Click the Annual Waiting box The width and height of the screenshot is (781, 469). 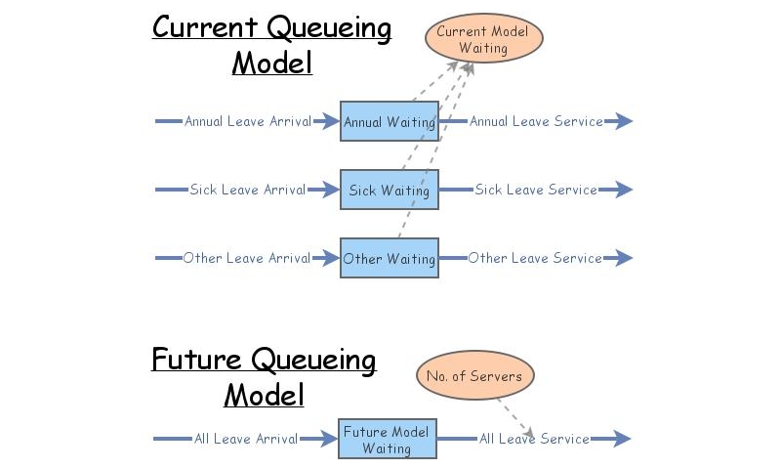pyautogui.click(x=389, y=121)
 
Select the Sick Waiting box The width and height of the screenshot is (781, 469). pyautogui.click(x=389, y=190)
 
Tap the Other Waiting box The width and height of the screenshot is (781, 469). pyautogui.click(x=389, y=258)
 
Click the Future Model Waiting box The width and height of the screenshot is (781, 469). pyautogui.click(x=387, y=440)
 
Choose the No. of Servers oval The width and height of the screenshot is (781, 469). pyautogui.click(x=475, y=376)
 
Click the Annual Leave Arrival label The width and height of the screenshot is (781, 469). pyautogui.click(x=248, y=121)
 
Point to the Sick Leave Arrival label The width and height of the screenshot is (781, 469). pyautogui.click(x=248, y=190)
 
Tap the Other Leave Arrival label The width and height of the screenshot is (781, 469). pyautogui.click(x=247, y=258)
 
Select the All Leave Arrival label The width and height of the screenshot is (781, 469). pyautogui.click(x=246, y=439)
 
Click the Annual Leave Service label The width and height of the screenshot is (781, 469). pyautogui.click(x=536, y=121)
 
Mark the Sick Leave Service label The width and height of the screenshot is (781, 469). pyautogui.click(x=536, y=190)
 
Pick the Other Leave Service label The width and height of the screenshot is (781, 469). pyautogui.click(x=535, y=258)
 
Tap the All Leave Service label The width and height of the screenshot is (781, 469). pyautogui.click(x=534, y=439)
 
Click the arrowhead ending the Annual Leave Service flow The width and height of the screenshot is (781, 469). pyautogui.click(x=623, y=121)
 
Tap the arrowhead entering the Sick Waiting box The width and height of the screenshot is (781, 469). pyautogui.click(x=329, y=190)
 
